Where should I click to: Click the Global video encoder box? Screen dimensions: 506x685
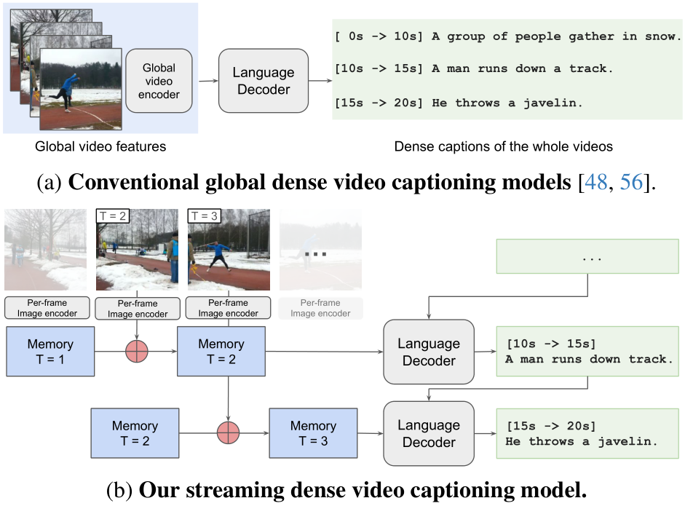159,81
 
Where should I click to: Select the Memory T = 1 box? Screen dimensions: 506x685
50,352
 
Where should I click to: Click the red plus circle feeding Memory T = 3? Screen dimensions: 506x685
228,433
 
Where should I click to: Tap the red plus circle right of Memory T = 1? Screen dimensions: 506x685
136,352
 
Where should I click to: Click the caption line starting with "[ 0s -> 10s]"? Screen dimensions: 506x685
507,36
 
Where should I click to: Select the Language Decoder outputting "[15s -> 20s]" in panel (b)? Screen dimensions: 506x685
429,433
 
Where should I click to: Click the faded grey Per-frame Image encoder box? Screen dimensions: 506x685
320,308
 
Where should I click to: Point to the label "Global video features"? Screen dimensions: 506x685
100,147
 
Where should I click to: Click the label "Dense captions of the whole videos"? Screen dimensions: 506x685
503,147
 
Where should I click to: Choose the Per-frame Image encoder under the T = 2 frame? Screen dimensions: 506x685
138,308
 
